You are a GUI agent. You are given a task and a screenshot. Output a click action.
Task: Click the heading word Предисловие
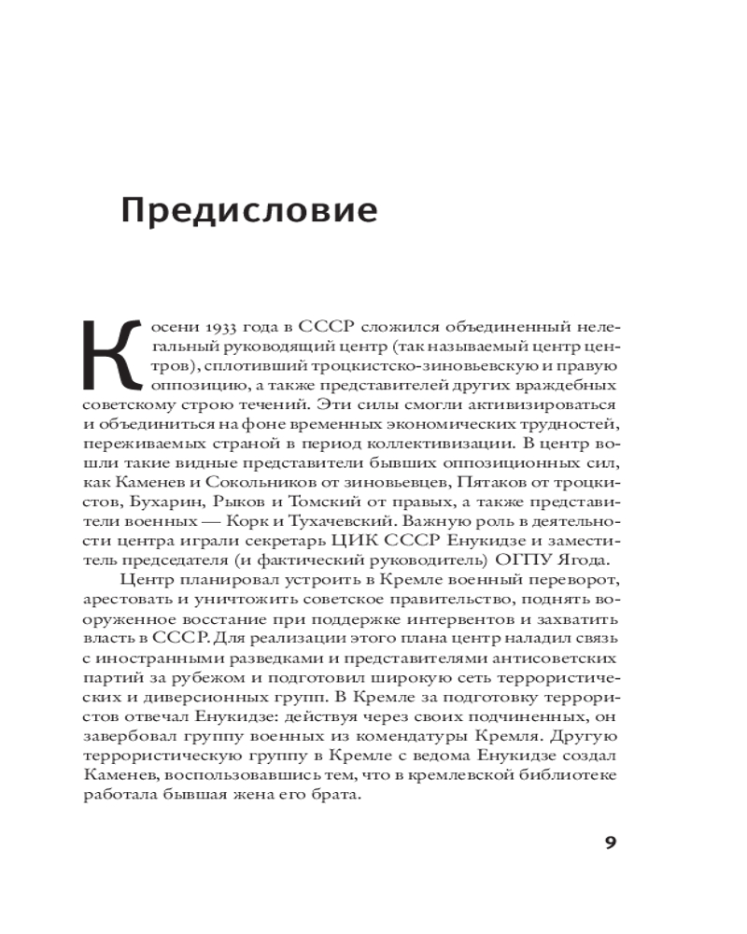click(249, 210)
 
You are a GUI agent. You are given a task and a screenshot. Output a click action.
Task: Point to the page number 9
click(611, 844)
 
